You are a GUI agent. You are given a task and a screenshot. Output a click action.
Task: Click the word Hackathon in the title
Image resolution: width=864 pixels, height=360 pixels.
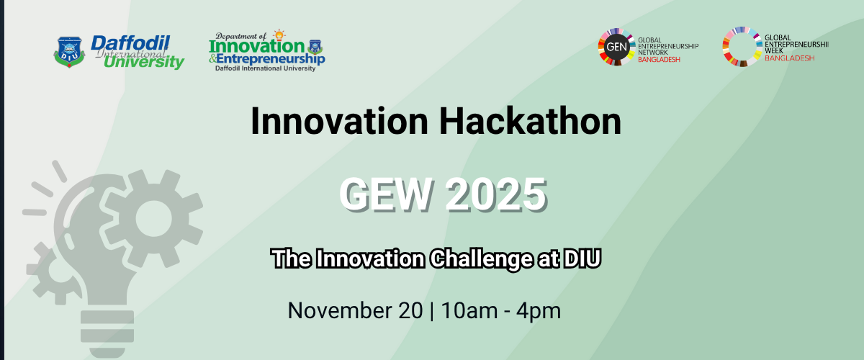point(531,121)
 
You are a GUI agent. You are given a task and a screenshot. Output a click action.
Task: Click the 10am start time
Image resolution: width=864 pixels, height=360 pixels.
point(469,310)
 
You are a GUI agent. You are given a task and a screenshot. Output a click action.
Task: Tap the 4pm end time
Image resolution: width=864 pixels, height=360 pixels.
point(539,311)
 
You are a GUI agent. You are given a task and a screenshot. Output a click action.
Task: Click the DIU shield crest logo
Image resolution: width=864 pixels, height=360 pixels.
point(69,52)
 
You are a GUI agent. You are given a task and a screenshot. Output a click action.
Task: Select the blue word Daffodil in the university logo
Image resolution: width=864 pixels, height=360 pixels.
point(130,43)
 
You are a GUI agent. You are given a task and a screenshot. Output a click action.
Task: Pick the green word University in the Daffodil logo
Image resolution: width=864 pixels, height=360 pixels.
point(144,62)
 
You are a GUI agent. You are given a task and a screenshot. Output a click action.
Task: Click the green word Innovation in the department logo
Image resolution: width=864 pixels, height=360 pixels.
point(257,47)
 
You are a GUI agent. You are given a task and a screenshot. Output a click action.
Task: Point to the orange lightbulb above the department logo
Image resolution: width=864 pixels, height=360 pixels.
point(279,35)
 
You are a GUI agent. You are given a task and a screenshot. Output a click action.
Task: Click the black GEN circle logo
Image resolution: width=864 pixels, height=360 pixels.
point(616,47)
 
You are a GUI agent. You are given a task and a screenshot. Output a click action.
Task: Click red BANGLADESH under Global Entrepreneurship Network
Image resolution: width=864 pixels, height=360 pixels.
point(659,60)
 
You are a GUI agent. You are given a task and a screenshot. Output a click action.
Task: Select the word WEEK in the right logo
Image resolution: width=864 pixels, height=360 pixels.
point(774,50)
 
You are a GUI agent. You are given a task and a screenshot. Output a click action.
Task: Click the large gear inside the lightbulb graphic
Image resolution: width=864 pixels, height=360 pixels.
point(153,218)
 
